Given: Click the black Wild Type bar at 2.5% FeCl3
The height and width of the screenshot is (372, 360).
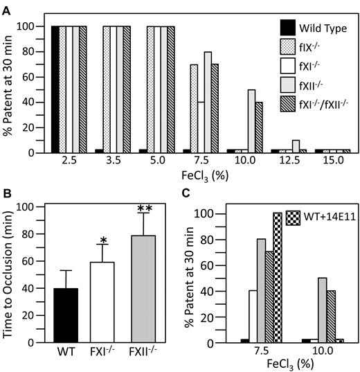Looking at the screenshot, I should [x=55, y=90].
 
